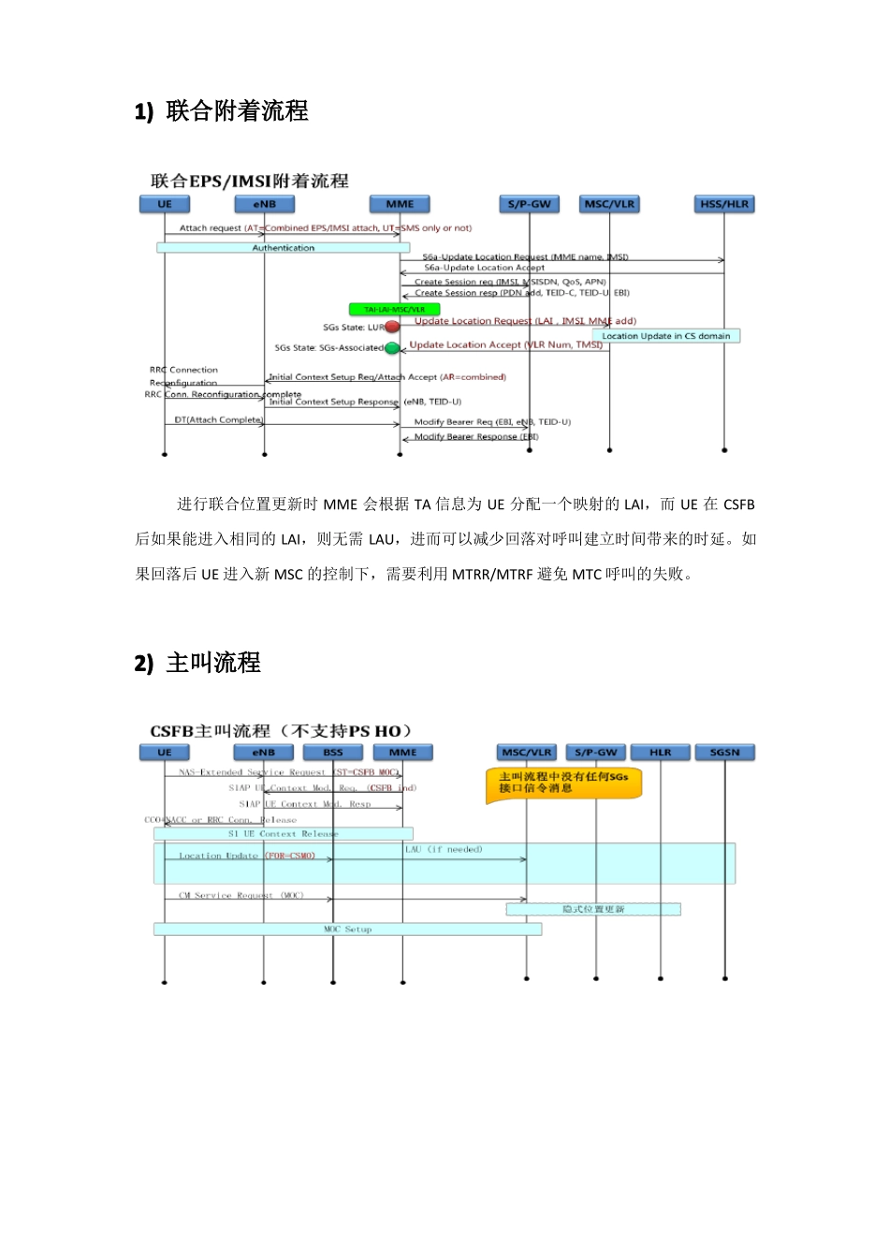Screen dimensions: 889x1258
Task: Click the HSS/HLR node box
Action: (724, 204)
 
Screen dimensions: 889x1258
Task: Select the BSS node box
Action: (333, 753)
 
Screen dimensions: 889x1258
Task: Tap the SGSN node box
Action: (724, 753)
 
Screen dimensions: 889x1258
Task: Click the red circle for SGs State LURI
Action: (392, 327)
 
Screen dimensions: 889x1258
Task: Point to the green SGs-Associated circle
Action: (392, 348)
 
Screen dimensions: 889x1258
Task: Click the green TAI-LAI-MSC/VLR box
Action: (394, 309)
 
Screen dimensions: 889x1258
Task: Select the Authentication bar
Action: (283, 248)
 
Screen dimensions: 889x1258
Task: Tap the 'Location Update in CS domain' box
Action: (665, 336)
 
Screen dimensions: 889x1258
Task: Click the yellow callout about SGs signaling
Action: (563, 783)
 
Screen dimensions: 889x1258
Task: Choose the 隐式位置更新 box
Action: (593, 909)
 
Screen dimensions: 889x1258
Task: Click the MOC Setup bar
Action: (347, 929)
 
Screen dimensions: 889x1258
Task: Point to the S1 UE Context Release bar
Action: (283, 833)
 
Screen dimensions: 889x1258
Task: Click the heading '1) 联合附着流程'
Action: (222, 111)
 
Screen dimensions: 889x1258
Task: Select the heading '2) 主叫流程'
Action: (197, 663)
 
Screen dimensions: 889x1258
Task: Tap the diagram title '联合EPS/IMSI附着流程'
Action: (249, 181)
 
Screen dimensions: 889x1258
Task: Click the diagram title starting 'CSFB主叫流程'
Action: (281, 731)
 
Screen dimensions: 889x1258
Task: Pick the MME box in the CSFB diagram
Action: (402, 753)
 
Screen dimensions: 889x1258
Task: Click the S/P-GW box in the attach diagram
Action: (529, 204)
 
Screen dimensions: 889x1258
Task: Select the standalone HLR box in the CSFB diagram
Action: (661, 753)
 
